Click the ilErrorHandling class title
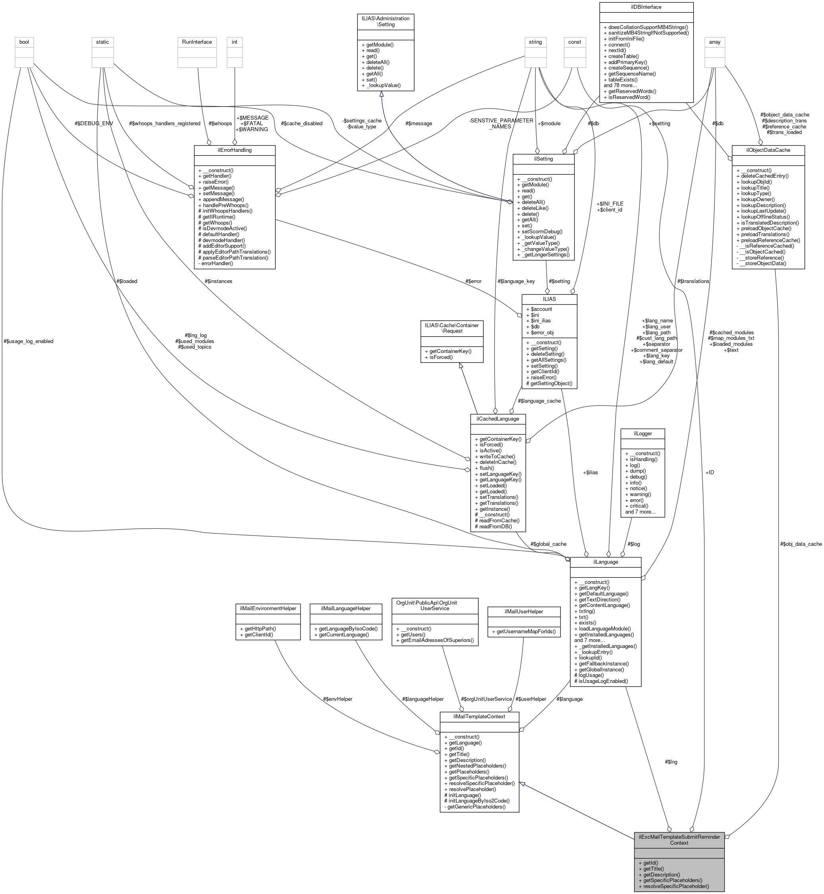[x=235, y=150]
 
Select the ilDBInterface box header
[x=646, y=7]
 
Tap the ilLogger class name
[x=642, y=433]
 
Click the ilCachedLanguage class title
[x=498, y=419]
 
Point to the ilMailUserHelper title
[x=523, y=611]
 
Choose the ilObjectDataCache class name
[x=768, y=150]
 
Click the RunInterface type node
[x=197, y=42]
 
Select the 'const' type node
[x=574, y=42]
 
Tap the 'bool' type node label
[x=24, y=42]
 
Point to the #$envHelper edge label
[x=337, y=699]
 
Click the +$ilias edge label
[x=590, y=472]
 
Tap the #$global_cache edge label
[x=549, y=544]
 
